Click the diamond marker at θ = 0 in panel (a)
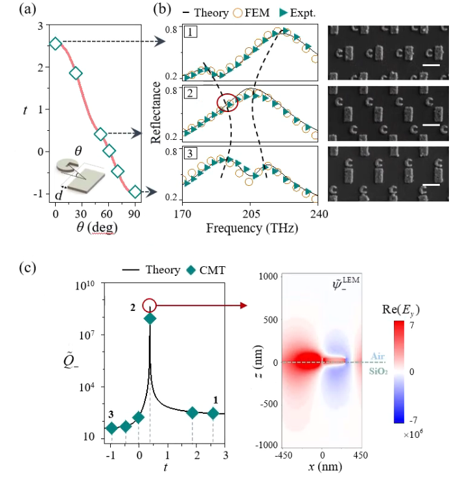coord(55,43)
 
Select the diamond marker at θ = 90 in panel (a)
coord(135,192)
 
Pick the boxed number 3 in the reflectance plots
coord(188,153)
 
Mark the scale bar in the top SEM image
coord(431,65)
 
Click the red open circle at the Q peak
coord(150,305)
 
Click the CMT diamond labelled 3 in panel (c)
coord(111,428)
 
